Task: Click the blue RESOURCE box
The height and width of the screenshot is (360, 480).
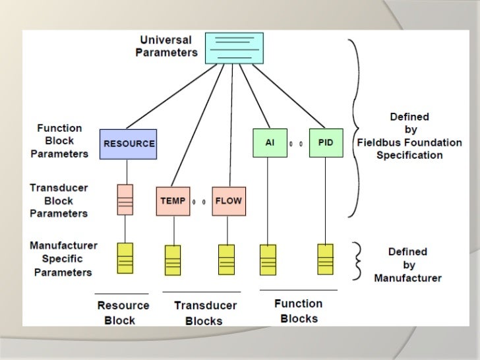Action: (129, 144)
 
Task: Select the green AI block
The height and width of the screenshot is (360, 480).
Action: (270, 142)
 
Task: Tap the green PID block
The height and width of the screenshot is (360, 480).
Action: (326, 142)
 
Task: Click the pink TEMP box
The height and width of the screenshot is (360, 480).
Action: (173, 201)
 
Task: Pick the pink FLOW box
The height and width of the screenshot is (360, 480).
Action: (229, 201)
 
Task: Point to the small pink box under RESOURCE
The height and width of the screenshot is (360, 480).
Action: (125, 200)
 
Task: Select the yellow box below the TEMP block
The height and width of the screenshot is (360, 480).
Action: (173, 260)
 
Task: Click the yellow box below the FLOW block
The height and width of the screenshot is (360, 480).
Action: (226, 260)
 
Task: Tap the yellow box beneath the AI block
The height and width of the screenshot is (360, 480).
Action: (268, 260)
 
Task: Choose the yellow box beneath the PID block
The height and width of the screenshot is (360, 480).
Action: (326, 259)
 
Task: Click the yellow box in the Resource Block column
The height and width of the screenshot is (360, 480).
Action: (125, 258)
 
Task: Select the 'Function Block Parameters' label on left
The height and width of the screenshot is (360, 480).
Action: (59, 141)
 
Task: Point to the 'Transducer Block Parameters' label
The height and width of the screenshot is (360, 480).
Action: (59, 200)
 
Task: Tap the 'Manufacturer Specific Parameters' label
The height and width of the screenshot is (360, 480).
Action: (63, 258)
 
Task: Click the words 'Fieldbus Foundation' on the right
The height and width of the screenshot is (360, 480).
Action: (409, 142)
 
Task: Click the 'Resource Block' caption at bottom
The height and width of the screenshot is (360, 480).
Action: (123, 313)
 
